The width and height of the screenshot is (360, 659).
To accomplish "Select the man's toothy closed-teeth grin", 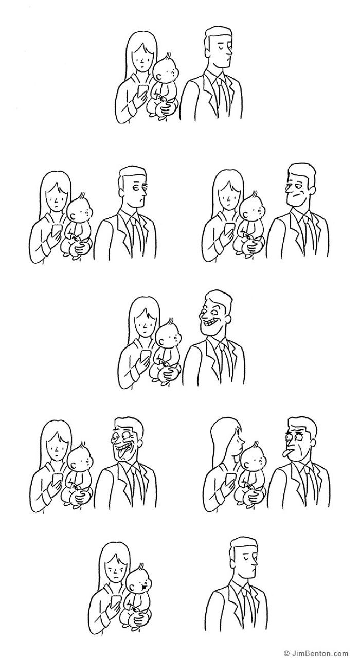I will pos(210,324).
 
